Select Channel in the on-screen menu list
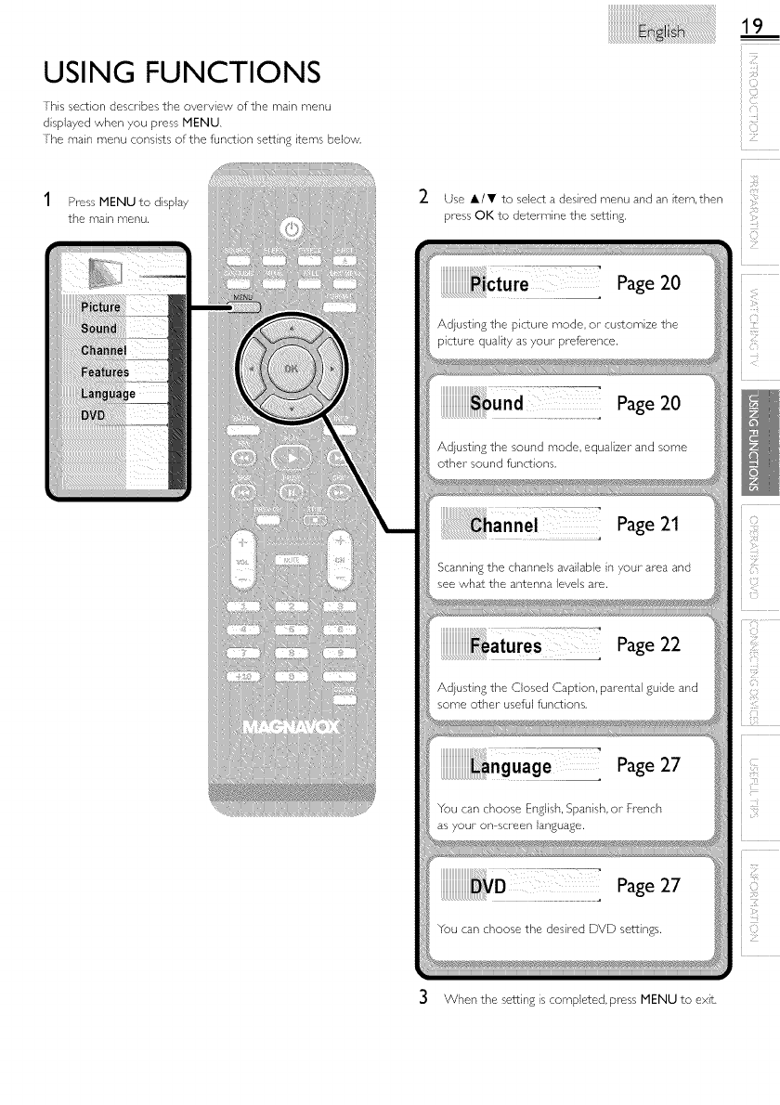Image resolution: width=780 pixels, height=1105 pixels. tap(103, 350)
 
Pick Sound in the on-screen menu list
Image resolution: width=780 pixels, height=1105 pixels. tap(98, 329)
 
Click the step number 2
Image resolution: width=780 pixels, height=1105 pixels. tap(422, 198)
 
